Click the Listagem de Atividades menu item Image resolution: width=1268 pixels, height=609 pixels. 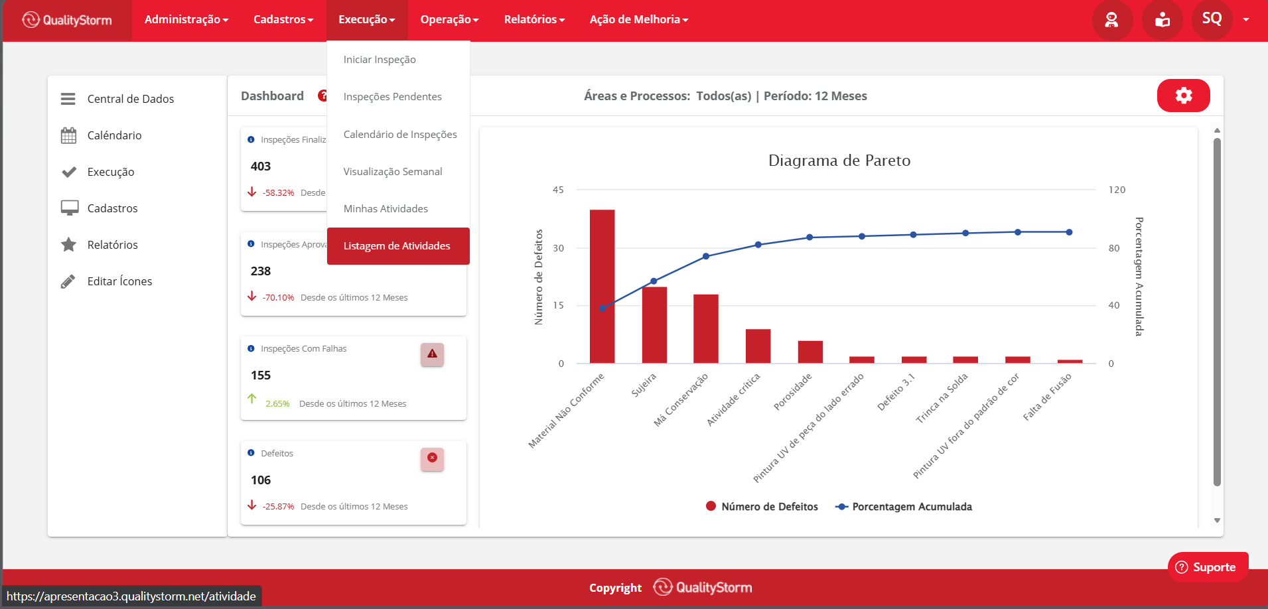[397, 246]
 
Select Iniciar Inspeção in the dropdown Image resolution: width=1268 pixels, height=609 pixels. [380, 60]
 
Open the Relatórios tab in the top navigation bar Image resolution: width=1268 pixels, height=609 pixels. [534, 20]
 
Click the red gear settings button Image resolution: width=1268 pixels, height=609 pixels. [1183, 96]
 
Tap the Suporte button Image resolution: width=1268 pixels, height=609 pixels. [1208, 567]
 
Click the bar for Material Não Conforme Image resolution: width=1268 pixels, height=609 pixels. [602, 287]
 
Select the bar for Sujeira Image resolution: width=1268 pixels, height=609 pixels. [654, 325]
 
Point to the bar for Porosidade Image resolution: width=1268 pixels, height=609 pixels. [810, 352]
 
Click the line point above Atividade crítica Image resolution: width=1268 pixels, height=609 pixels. [758, 245]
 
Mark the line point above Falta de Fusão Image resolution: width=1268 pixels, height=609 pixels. [1069, 232]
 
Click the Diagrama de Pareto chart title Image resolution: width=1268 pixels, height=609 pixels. [839, 161]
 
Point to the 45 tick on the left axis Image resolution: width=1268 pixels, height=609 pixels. [558, 190]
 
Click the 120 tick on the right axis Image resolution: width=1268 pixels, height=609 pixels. [1117, 190]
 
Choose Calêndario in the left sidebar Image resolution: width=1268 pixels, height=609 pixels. [114, 135]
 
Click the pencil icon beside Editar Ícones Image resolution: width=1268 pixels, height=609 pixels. [68, 281]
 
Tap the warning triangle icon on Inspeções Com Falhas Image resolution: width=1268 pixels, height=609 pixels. [432, 354]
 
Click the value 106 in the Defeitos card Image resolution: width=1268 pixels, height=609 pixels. [261, 480]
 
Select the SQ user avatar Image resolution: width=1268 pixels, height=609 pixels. [1212, 19]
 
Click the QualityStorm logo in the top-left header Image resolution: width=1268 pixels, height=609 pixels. [67, 20]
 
